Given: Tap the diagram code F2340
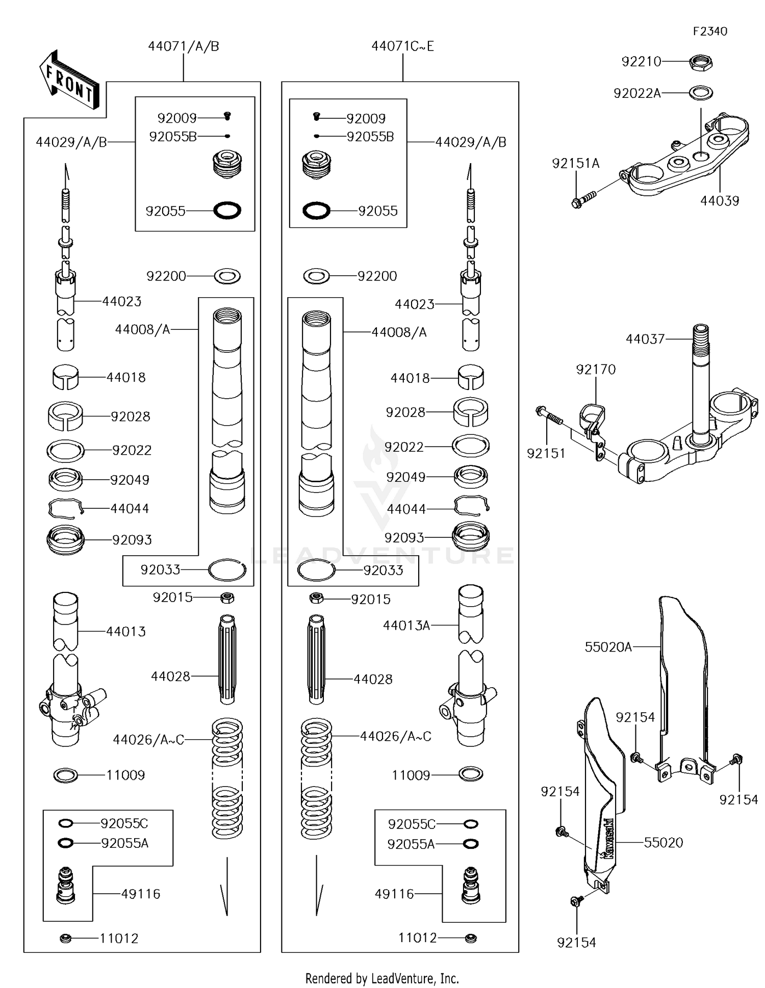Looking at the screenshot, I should click(x=709, y=32).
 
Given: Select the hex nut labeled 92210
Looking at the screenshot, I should click(x=700, y=63).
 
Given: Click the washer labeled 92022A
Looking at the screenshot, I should click(x=701, y=93).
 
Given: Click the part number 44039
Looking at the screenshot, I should click(x=719, y=201).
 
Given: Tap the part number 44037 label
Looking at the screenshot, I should click(x=645, y=339).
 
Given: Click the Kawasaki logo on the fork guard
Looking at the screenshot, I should click(x=609, y=839).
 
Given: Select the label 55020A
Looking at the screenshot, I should click(x=608, y=647).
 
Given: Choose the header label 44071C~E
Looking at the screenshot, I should click(x=402, y=46).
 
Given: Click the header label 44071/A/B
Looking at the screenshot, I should click(x=183, y=46).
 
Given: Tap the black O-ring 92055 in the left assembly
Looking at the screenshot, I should click(x=227, y=210).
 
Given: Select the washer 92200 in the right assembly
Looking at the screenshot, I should click(x=316, y=276).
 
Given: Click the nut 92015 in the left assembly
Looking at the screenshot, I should click(x=227, y=597).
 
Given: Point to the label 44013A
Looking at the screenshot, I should click(x=406, y=626).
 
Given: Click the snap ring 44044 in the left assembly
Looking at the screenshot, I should click(x=65, y=508).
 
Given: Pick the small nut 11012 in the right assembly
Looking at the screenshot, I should click(x=470, y=938).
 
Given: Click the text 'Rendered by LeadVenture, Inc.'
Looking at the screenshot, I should click(x=382, y=978).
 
